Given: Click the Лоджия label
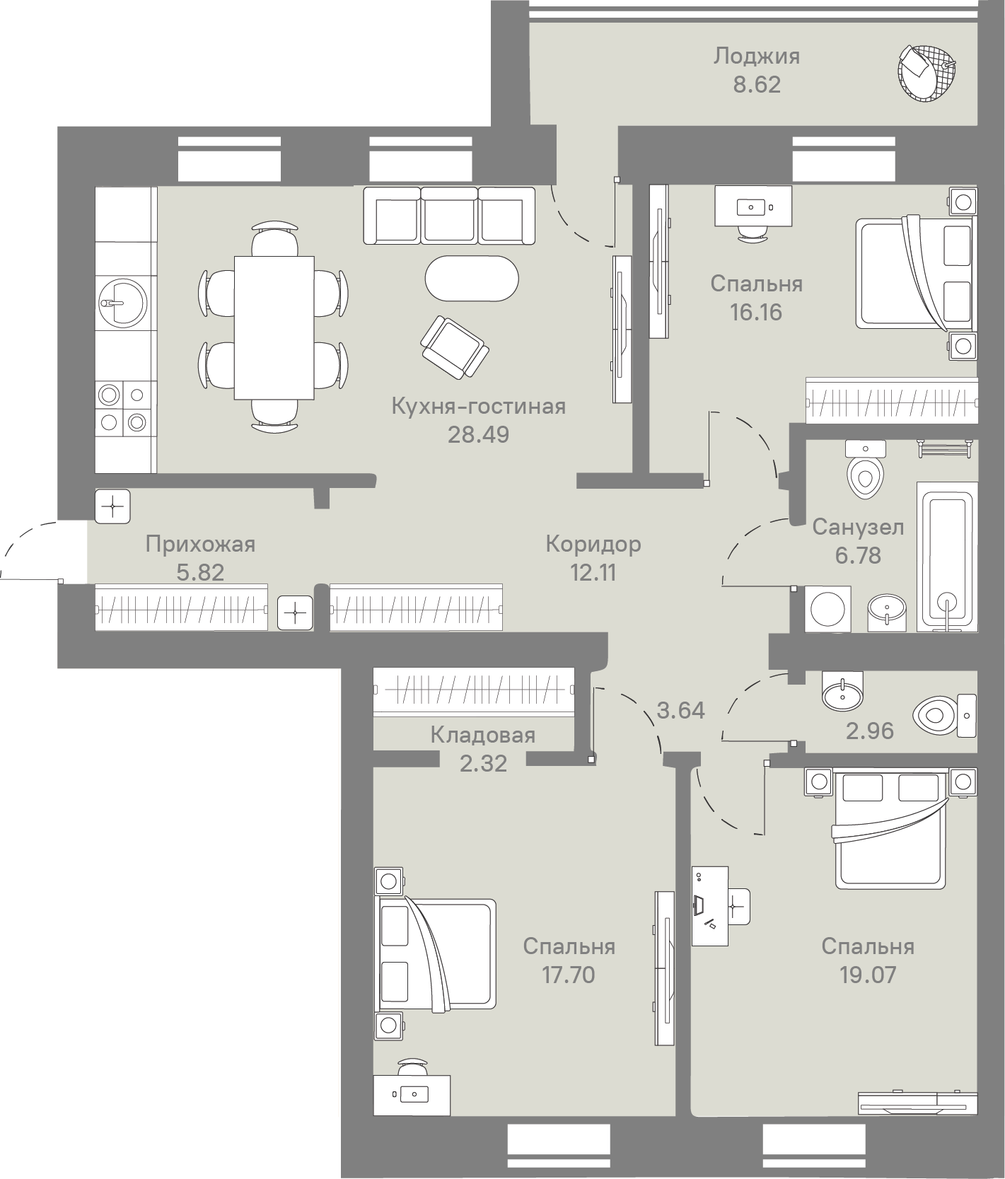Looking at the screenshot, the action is [x=756, y=56].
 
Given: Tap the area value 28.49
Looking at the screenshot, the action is [x=478, y=434].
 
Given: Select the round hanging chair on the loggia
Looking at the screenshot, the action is [x=926, y=72].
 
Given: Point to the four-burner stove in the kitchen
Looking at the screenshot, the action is [x=123, y=408].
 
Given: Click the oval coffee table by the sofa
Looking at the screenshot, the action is [x=472, y=278].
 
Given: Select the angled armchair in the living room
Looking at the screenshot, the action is [x=454, y=347].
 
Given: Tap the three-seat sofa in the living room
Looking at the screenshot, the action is [x=449, y=216].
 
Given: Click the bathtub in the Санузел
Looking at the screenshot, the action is [x=947, y=556].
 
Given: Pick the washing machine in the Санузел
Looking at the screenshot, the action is [x=828, y=608].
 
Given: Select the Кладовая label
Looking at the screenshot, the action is [x=482, y=735].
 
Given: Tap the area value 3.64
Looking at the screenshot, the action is [x=680, y=709].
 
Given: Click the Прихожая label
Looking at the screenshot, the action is [x=200, y=544].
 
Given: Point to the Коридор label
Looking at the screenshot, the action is [x=593, y=544].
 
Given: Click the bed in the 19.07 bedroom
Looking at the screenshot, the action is [x=891, y=829].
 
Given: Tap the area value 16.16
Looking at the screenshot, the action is [x=756, y=312].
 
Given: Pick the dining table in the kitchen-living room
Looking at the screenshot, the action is [x=274, y=327].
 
